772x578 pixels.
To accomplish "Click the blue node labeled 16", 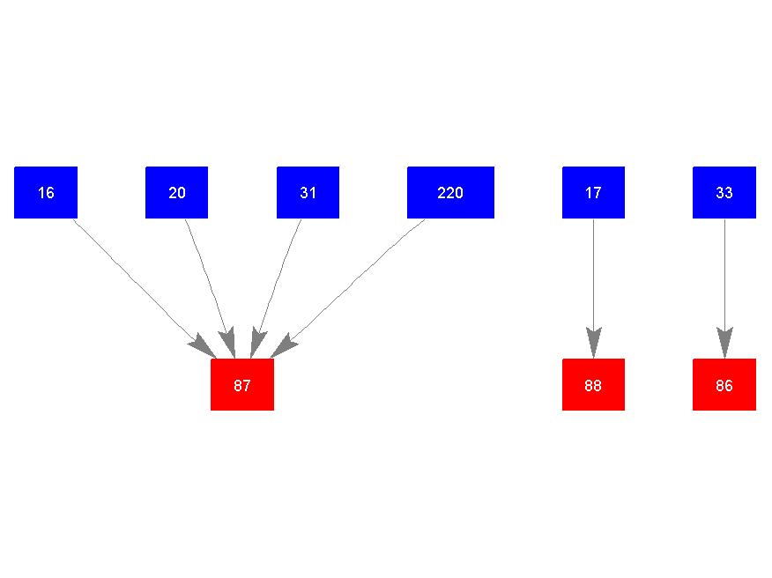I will [46, 192].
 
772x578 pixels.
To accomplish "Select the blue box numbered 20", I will [176, 192].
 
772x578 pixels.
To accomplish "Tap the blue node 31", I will [308, 192].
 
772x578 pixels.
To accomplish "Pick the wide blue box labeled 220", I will [450, 192].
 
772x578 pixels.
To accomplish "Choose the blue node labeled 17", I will [593, 192].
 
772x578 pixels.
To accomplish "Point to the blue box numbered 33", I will [724, 192].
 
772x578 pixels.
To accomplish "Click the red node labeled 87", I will [242, 385].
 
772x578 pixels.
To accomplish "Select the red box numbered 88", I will [593, 385].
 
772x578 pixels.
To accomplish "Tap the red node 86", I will [724, 385].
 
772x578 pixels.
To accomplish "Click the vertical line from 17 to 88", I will [593, 273].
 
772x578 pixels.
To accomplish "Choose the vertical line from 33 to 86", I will [724, 273].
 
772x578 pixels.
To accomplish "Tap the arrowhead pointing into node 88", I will [593, 343].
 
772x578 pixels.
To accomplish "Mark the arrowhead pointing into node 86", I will [724, 343].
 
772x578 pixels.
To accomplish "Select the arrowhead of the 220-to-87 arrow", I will [283, 346].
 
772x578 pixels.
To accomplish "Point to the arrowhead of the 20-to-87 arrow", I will [228, 343].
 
